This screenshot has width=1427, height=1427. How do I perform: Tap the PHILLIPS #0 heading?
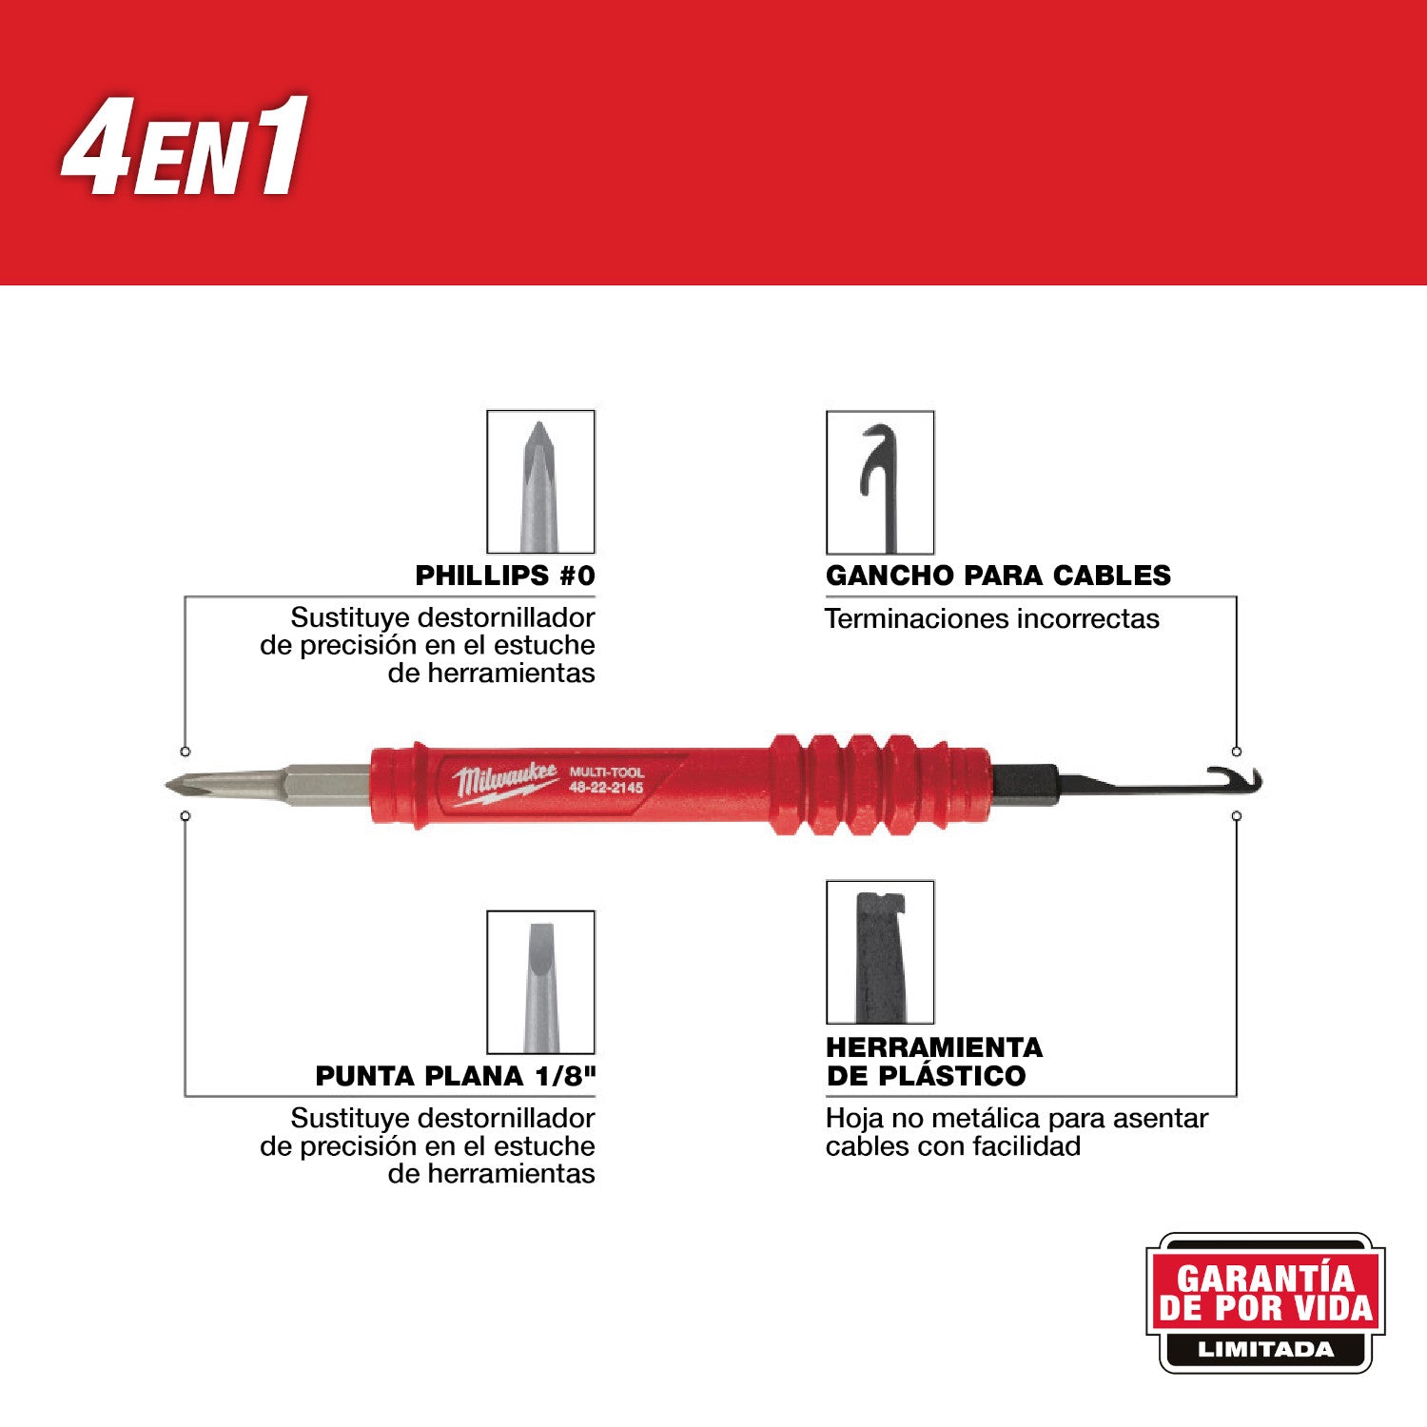tap(504, 576)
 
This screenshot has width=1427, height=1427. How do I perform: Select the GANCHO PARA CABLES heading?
tap(998, 576)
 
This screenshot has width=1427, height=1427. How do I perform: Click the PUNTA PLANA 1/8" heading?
tap(455, 1076)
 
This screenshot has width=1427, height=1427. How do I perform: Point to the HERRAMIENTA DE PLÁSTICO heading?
tap(934, 1062)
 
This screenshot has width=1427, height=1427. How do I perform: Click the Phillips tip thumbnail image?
tap(540, 482)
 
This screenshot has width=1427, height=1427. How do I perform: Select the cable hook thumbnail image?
tap(880, 482)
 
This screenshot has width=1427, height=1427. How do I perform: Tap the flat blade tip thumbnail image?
tap(540, 982)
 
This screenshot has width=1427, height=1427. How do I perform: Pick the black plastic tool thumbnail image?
tap(880, 952)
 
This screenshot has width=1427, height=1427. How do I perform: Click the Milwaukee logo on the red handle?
tap(504, 782)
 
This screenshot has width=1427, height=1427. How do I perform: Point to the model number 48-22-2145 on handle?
tap(606, 789)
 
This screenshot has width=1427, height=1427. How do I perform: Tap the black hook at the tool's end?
tap(1237, 780)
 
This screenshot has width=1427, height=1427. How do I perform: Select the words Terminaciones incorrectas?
tap(991, 619)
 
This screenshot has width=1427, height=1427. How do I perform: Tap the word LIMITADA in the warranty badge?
tap(1265, 1349)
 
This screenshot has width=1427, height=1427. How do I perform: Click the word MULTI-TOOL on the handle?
tap(606, 772)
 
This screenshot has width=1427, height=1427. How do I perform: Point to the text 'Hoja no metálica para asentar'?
tap(1016, 1118)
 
